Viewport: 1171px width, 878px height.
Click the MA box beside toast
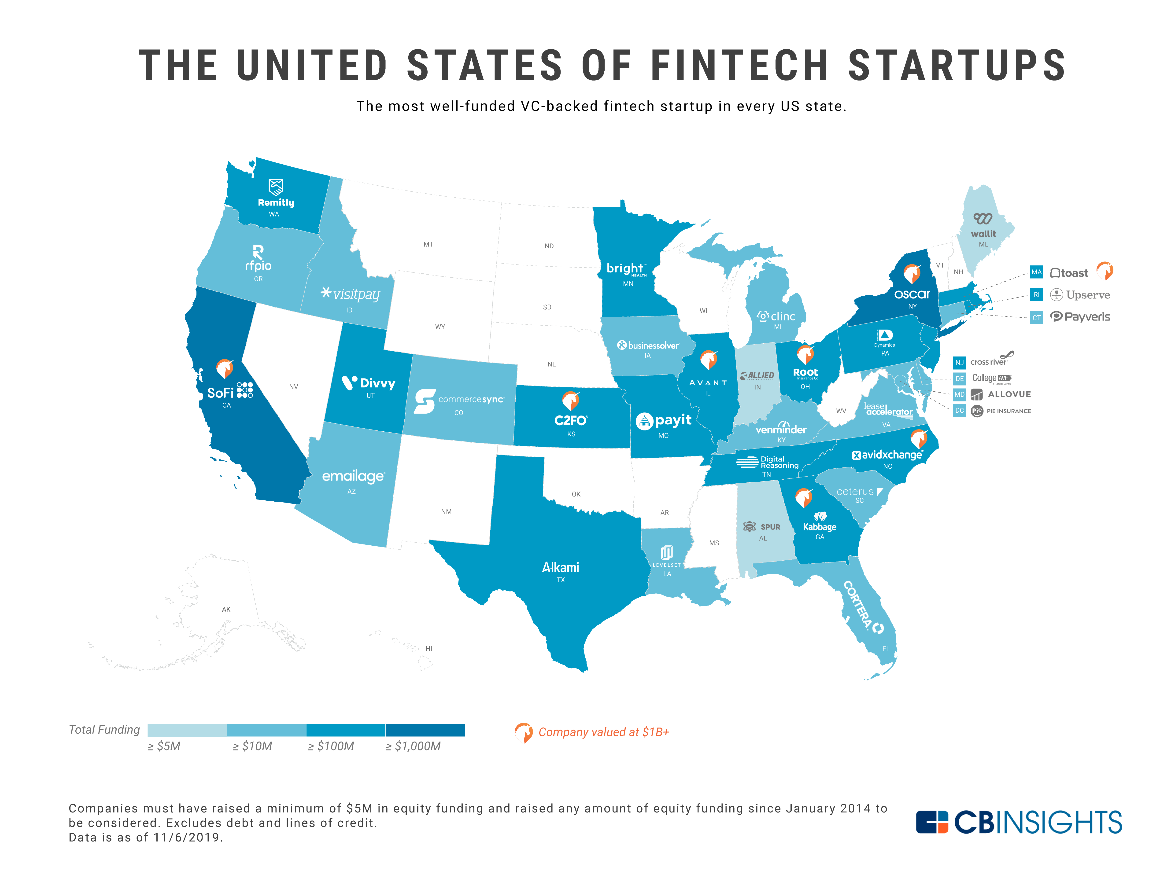(1036, 272)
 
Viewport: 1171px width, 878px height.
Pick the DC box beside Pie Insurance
(959, 411)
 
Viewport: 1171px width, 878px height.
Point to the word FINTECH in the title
(739, 66)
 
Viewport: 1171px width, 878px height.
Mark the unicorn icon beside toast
(1105, 271)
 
